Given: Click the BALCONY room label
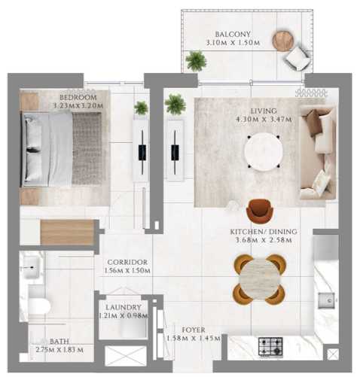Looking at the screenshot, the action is [233, 34].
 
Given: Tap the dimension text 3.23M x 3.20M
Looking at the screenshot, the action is [78, 105].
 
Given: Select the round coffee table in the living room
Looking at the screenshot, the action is [264, 151].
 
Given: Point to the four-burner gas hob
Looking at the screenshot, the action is [270, 346].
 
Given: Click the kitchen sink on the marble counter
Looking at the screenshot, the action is [326, 300].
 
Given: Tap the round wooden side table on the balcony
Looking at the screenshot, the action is [283, 41].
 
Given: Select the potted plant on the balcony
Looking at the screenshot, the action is [196, 61].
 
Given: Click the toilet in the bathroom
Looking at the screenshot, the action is [39, 306].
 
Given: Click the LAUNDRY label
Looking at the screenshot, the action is [123, 307].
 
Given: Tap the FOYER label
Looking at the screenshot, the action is [194, 330].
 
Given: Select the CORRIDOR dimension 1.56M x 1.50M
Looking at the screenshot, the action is [127, 270].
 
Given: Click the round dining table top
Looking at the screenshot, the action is [259, 279].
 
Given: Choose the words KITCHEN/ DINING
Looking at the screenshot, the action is [264, 232].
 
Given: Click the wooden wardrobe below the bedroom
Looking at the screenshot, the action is [67, 233].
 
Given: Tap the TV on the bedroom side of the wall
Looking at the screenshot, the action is [142, 153].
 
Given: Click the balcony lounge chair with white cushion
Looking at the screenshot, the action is [297, 59].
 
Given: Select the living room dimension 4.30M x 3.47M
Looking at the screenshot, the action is [264, 119].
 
